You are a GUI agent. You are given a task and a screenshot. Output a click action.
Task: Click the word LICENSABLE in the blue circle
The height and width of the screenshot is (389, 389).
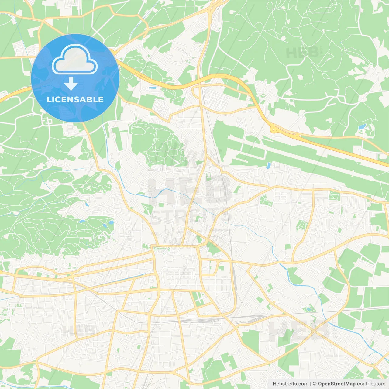pos(75,100)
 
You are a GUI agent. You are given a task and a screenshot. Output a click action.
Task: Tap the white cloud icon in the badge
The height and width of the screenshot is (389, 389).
pos(74,59)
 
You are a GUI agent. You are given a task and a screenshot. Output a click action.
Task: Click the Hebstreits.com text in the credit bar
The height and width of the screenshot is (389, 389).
pos(290,384)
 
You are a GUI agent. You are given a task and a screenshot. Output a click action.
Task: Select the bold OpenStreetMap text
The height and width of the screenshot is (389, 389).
pos(337,384)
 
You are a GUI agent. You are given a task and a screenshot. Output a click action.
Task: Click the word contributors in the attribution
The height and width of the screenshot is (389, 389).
pos(371,384)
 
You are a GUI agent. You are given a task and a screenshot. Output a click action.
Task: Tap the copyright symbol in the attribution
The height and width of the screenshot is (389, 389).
pos(315,384)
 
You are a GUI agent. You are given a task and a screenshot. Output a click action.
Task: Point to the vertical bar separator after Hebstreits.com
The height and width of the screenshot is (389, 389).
pos(310,384)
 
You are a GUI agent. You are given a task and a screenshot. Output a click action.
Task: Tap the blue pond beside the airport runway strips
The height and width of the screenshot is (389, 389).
pos(268,165)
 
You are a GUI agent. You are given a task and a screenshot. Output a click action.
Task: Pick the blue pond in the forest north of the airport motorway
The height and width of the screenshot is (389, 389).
pos(362,126)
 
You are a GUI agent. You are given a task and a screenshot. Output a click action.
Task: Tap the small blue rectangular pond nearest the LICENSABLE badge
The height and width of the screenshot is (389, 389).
pos(153,88)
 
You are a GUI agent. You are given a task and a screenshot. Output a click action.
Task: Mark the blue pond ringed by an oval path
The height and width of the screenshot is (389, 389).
pos(309,310)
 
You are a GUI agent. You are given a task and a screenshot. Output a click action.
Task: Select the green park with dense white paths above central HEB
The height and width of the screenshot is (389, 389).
pos(157,143)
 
